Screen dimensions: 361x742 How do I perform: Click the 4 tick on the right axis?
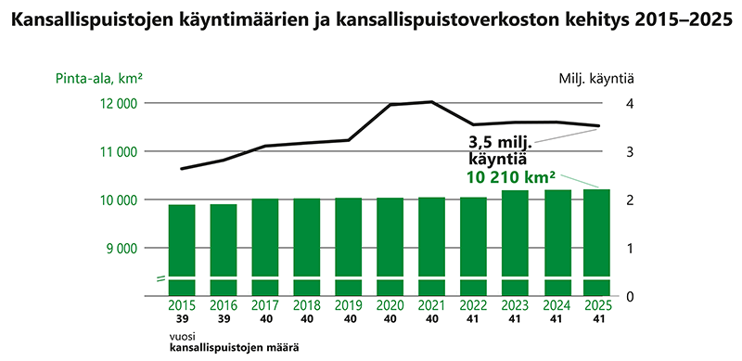coord(630,103)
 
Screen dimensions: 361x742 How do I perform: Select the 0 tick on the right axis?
coord(630,296)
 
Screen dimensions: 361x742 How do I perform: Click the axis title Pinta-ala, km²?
coord(103,78)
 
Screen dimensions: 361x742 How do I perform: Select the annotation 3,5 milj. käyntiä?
coord(497,150)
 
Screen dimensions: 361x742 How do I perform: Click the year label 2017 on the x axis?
coord(265,305)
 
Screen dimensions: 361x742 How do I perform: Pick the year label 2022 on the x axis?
coord(473,305)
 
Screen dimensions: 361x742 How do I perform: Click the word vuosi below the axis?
coord(181,336)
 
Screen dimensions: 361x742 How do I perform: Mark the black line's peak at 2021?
coord(431,102)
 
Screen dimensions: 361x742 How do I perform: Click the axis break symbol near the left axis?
coord(160,277)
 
